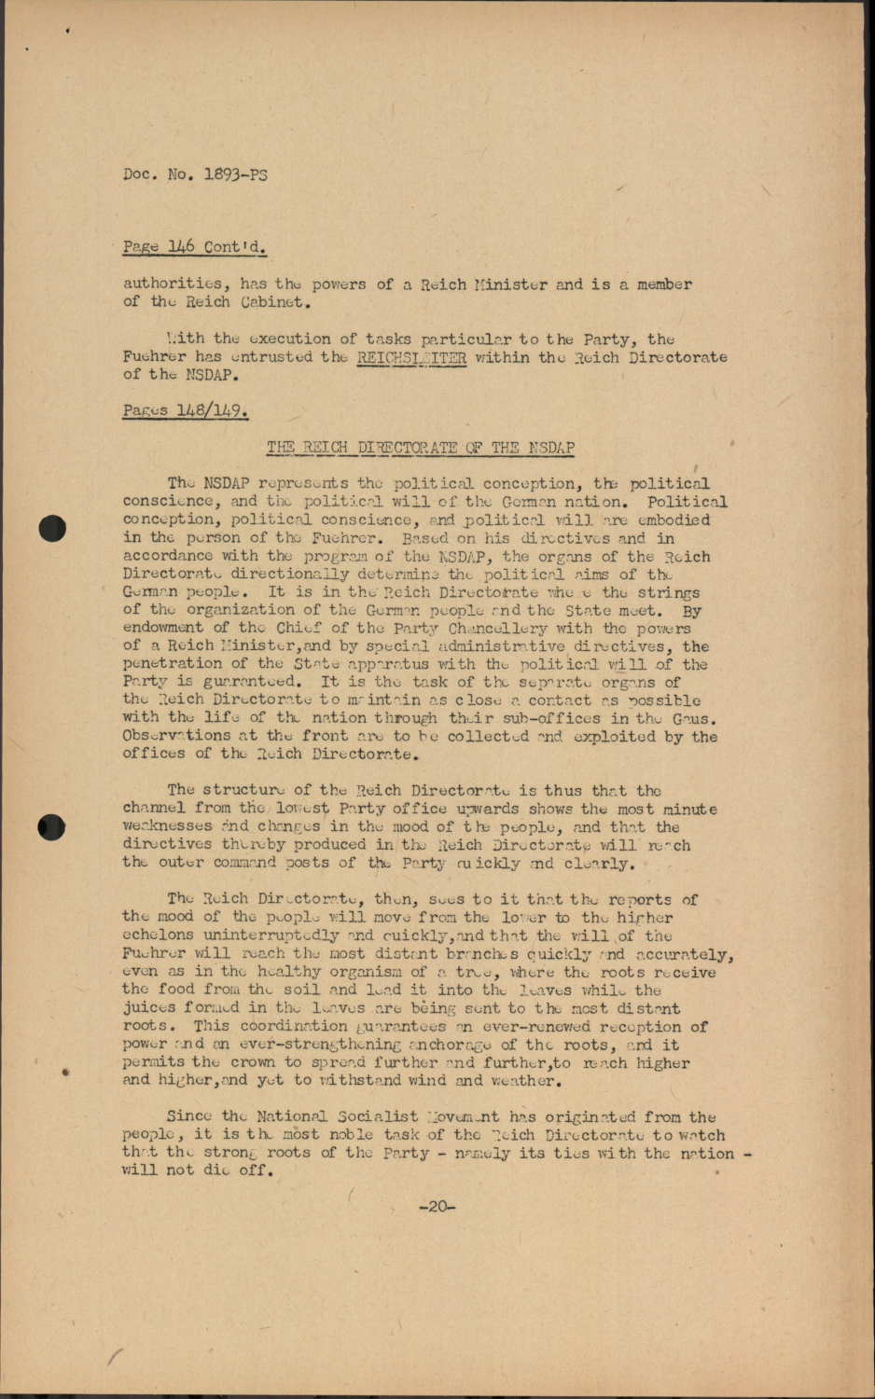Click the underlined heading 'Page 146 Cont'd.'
[x=193, y=247]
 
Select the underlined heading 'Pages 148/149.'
[x=185, y=410]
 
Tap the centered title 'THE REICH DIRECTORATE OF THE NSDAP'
[x=420, y=447]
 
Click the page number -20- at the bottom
[x=437, y=1207]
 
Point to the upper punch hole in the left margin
[x=52, y=529]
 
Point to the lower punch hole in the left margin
[x=52, y=826]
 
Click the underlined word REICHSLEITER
[x=411, y=356]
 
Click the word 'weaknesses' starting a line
[x=167, y=826]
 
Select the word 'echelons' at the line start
[x=158, y=935]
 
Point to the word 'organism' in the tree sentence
[x=371, y=972]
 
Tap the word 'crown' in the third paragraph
[x=253, y=1062]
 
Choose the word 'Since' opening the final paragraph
[x=189, y=1116]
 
